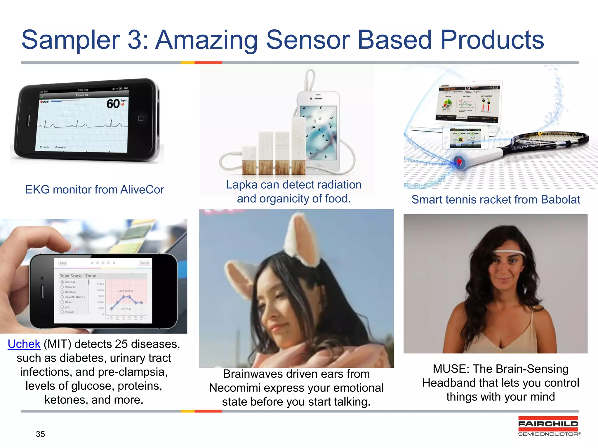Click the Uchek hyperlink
24,344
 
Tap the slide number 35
40,434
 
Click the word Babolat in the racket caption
560,200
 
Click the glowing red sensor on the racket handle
459,161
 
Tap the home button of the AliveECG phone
140,118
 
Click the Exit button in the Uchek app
63,263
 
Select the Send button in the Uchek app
144,263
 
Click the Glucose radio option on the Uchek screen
62,282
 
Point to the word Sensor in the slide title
308,40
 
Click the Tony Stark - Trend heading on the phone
78,276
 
